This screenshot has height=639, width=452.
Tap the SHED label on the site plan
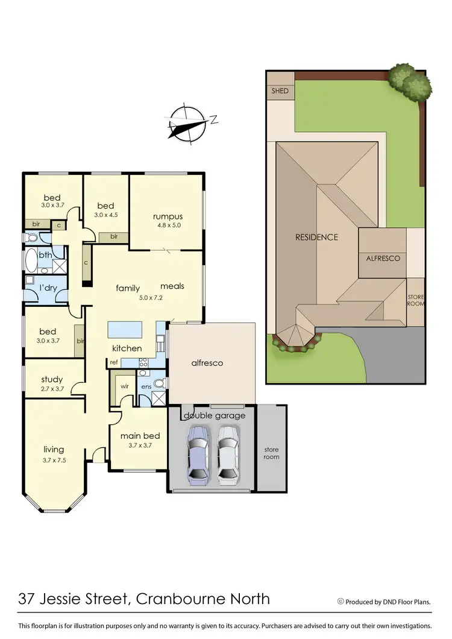[x=280, y=91]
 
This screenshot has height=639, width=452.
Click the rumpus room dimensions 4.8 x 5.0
[x=167, y=225]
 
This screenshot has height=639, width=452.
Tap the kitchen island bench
[x=125, y=330]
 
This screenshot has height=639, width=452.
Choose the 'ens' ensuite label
[x=146, y=386]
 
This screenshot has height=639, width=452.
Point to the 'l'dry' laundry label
[x=48, y=288]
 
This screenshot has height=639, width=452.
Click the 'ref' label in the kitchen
[x=113, y=362]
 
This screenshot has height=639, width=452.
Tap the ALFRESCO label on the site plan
[x=383, y=258]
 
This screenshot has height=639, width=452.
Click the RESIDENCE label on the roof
[x=316, y=237]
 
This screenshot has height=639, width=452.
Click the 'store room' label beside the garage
[x=272, y=453]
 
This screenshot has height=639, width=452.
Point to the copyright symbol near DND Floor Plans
[x=341, y=600]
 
